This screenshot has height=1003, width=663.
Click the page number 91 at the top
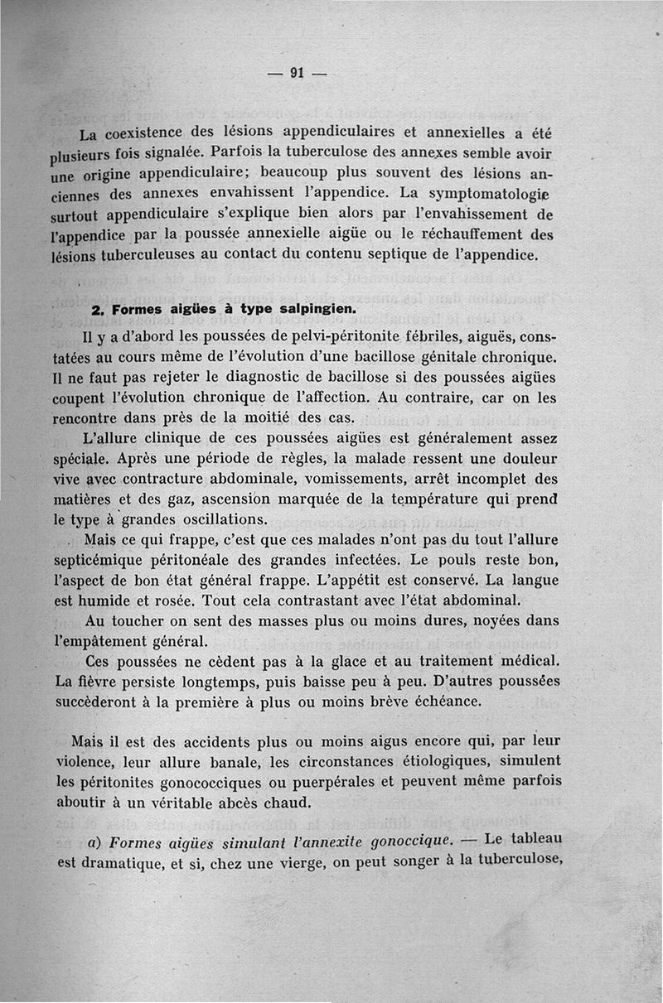[x=298, y=73]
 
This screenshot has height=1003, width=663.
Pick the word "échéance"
[x=448, y=701]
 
